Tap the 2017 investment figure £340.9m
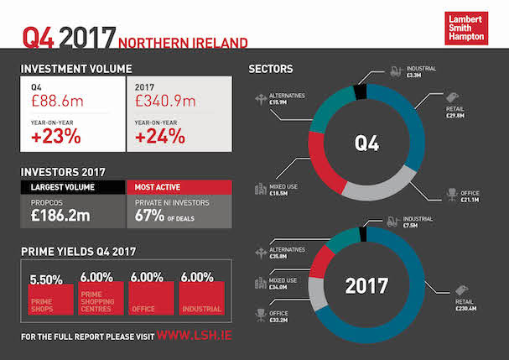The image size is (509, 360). (x=168, y=101)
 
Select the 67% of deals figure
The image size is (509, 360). (x=154, y=215)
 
